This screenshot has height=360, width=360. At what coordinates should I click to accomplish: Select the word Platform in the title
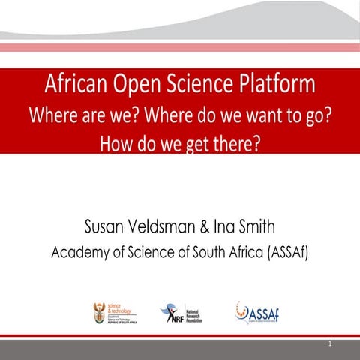[x=280, y=83]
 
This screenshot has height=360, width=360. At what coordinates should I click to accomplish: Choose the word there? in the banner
[x=234, y=142]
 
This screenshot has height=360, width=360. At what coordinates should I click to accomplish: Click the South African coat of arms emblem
[x=97, y=313]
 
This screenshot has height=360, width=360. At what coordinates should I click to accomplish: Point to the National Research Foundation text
[x=194, y=313]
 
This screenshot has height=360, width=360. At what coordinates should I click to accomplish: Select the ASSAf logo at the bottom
[x=257, y=312]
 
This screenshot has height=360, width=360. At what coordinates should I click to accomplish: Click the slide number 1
[x=330, y=345]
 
